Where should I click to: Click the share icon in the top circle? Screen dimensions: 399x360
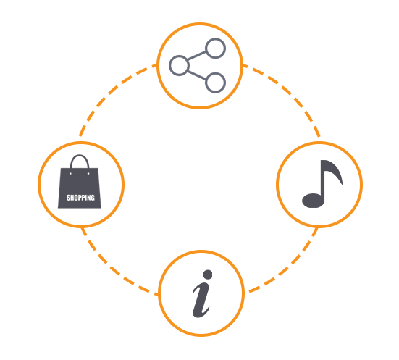coord(197,65)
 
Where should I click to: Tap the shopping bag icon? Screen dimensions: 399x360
coord(80,182)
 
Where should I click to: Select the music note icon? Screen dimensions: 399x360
coord(322,184)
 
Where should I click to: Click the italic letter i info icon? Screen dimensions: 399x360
coord(202,293)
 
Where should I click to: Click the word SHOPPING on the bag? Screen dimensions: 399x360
coord(80,198)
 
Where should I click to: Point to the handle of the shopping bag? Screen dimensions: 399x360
coord(80,161)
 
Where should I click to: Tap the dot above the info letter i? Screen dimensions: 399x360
coord(208,275)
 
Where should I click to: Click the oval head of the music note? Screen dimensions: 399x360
coord(313,201)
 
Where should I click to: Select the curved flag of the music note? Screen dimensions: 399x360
coord(334,171)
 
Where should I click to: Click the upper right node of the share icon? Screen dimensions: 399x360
coord(215,48)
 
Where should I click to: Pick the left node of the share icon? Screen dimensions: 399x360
coord(179,65)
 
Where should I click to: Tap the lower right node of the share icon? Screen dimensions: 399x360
coord(215,83)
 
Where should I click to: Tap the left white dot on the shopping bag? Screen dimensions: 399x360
coord(70,174)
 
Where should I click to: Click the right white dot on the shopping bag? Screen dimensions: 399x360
coord(88,174)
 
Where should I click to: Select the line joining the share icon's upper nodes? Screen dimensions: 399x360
coord(197,56)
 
